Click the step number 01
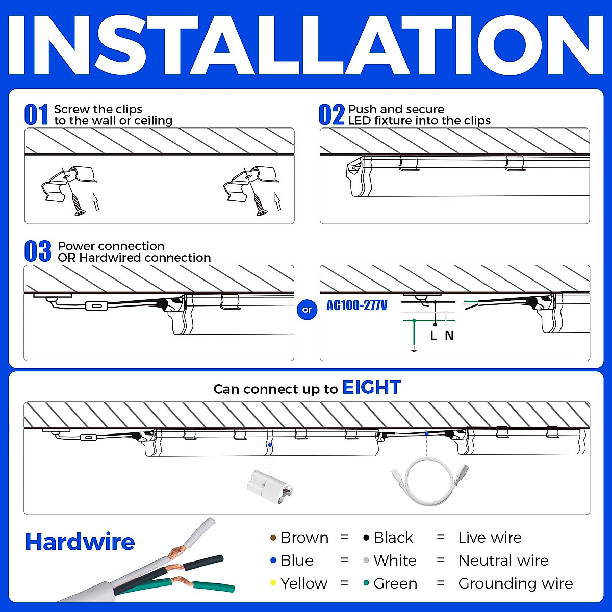coord(37,115)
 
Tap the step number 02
coord(331,115)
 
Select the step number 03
coord(38,251)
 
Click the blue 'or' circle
coord(307,310)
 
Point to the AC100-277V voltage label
coord(356,305)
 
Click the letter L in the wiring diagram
coord(433,336)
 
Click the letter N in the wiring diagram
coord(449,336)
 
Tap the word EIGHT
coord(371,388)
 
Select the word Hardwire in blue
coord(80,542)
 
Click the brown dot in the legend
coord(273,538)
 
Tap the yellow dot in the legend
coord(273,583)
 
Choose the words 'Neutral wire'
coord(503,560)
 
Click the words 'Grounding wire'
coord(515,583)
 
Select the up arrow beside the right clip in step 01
coord(277,201)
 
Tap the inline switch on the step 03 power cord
coord(95,306)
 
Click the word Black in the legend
coord(393,538)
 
